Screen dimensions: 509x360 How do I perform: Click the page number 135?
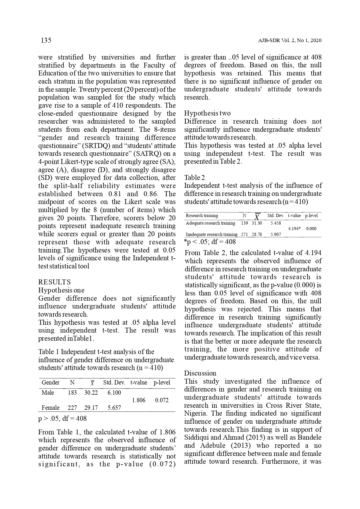point(46,40)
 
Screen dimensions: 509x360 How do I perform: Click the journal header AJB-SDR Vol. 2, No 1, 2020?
point(290,41)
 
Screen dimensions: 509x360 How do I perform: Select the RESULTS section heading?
point(55,282)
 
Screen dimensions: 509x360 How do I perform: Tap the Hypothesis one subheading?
point(61,290)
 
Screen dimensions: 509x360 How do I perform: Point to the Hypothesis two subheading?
point(207,113)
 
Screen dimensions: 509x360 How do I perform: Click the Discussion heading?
point(200,373)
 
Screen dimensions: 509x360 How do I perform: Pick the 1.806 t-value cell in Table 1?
point(139,400)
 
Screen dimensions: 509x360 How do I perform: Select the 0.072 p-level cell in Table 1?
point(162,400)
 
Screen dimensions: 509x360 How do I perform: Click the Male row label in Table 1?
point(48,393)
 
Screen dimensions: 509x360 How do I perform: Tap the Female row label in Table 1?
point(50,408)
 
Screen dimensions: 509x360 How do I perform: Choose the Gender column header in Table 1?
point(50,382)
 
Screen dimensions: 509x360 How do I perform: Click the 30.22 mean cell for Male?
point(91,393)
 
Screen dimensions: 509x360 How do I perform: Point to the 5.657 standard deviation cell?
point(114,408)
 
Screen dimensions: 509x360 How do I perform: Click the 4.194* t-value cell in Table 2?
point(294,229)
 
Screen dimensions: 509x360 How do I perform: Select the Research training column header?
point(202,216)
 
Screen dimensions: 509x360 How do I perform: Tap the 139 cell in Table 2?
point(244,223)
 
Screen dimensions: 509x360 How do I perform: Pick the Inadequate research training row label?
point(211,234)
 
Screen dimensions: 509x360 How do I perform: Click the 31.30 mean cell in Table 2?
point(257,223)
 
